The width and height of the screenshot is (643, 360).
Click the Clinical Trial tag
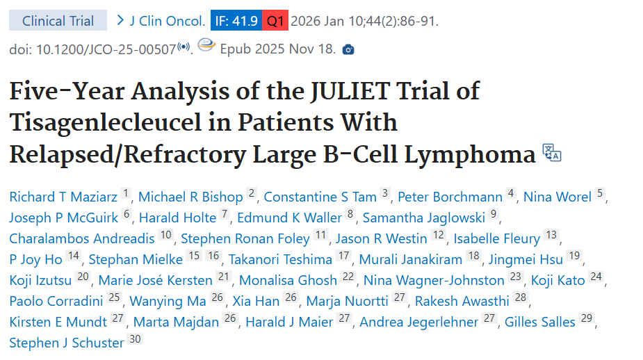[58, 20]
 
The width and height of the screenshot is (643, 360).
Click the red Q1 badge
[275, 20]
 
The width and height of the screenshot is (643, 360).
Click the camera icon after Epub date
[348, 49]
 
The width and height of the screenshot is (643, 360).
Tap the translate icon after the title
[551, 153]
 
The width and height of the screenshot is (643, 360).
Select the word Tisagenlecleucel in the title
[112, 122]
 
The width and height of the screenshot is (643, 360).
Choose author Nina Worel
[557, 197]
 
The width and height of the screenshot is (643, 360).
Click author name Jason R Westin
[381, 238]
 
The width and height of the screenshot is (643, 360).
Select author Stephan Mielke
[136, 259]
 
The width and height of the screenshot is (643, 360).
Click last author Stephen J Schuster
[67, 343]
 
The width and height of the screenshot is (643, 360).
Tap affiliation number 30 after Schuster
[135, 340]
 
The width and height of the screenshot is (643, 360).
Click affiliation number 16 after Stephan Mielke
[213, 256]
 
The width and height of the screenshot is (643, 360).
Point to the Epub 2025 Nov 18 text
[277, 49]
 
